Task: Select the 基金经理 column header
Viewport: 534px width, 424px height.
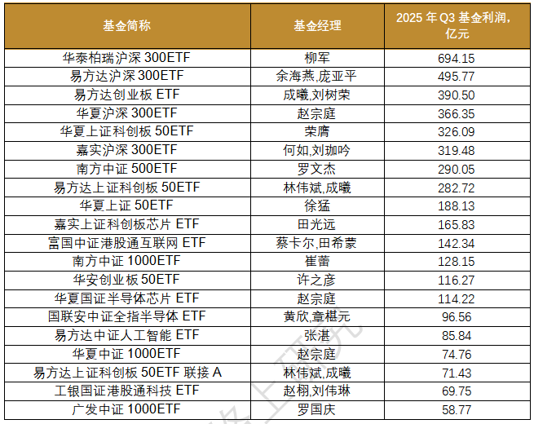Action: pyautogui.click(x=316, y=26)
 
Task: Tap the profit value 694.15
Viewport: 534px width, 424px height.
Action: pyautogui.click(x=456, y=59)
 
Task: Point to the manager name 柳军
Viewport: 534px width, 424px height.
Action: pyautogui.click(x=316, y=59)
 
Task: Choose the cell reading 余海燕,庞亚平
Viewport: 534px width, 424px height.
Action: pyautogui.click(x=316, y=77)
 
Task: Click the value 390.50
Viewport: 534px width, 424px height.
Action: pyautogui.click(x=456, y=95)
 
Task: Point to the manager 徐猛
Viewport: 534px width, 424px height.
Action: pyautogui.click(x=316, y=205)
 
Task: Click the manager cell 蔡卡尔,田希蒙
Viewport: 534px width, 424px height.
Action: pyautogui.click(x=316, y=242)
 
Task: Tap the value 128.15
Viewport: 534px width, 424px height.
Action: pyautogui.click(x=456, y=260)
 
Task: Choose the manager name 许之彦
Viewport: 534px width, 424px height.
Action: pyautogui.click(x=316, y=279)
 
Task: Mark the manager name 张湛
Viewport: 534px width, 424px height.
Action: pyautogui.click(x=316, y=334)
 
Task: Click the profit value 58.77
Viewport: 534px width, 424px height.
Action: pyautogui.click(x=456, y=408)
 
